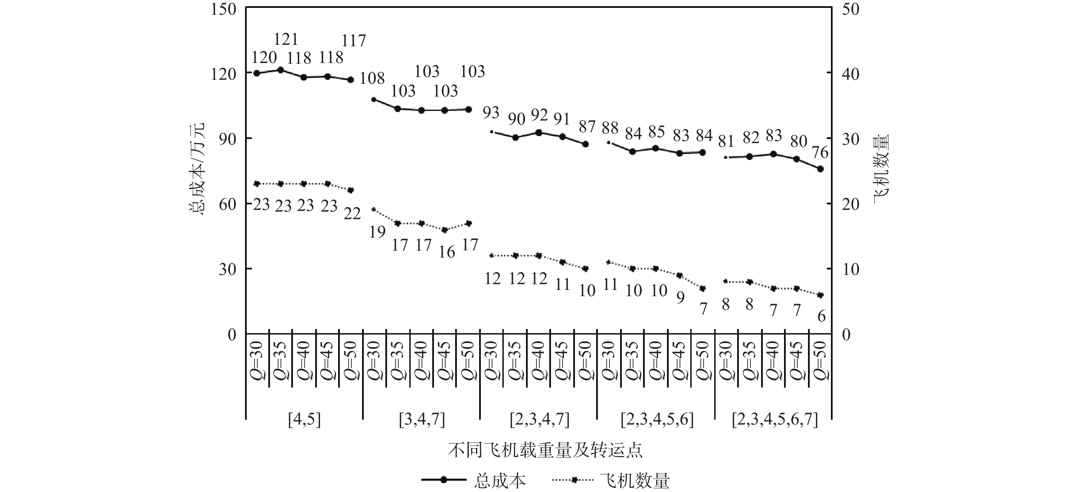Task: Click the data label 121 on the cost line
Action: coord(286,39)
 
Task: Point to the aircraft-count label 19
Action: coord(377,231)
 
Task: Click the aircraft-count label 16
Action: coord(447,252)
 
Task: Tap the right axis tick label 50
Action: coord(850,9)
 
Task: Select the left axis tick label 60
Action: coord(228,204)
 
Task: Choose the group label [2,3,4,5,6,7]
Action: coord(774,419)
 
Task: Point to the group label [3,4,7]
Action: coord(421,419)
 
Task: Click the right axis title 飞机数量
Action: coord(881,168)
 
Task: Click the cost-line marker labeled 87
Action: coord(586,144)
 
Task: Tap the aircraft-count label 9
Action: coord(680,297)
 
